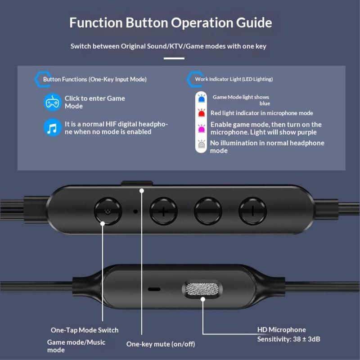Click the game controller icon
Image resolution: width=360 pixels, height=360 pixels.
(x=53, y=102)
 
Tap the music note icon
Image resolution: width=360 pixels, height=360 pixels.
(x=53, y=127)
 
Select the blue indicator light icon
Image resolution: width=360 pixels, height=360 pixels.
(x=201, y=98)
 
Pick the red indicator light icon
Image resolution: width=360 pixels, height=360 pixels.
(x=201, y=113)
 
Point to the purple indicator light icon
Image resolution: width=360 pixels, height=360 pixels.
(x=201, y=129)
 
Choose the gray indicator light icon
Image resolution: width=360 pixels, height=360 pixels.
(x=201, y=144)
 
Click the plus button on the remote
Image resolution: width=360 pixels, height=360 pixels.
(x=163, y=211)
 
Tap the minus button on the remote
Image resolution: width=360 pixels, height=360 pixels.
(x=252, y=211)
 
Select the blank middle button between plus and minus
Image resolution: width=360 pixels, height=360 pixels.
(x=208, y=211)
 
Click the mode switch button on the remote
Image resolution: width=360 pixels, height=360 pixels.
(x=108, y=211)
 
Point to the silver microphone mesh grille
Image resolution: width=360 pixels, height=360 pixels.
(x=202, y=288)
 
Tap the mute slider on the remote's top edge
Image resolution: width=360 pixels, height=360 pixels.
(x=137, y=183)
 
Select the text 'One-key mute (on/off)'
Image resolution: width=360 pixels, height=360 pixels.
(x=161, y=344)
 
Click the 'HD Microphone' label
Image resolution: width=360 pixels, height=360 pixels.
(x=282, y=330)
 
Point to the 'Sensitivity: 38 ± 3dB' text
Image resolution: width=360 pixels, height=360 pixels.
(x=288, y=339)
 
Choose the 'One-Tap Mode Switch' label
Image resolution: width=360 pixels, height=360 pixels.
(x=85, y=330)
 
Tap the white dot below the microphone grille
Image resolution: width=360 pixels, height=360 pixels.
(x=203, y=299)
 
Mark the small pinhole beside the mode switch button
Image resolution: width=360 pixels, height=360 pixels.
(x=135, y=211)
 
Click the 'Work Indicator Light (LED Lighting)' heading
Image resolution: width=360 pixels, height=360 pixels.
(x=234, y=79)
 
